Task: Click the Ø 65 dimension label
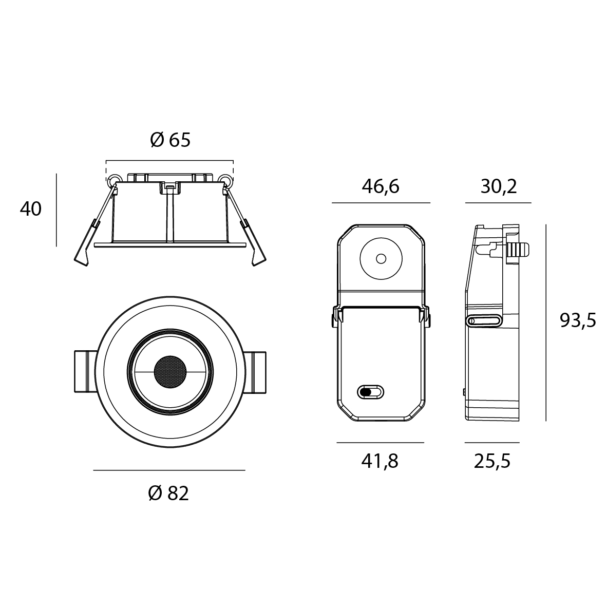[x=170, y=140]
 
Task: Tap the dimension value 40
[x=31, y=209]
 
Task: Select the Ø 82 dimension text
[x=169, y=494]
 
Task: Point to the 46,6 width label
[x=381, y=187]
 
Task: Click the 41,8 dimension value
[x=380, y=462]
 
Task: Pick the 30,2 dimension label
[x=499, y=187]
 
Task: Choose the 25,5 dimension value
[x=492, y=462]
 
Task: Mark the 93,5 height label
[x=578, y=320]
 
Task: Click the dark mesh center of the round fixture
[x=170, y=372]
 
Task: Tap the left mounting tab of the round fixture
[x=85, y=372]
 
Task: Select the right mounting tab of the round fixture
[x=255, y=372]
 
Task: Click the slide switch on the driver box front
[x=370, y=392]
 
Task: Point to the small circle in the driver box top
[x=381, y=259]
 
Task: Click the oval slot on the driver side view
[x=483, y=320]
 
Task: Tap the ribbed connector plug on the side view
[x=518, y=249]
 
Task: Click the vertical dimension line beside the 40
[x=56, y=210]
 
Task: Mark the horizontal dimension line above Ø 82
[x=169, y=470]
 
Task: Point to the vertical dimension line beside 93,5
[x=546, y=323]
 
